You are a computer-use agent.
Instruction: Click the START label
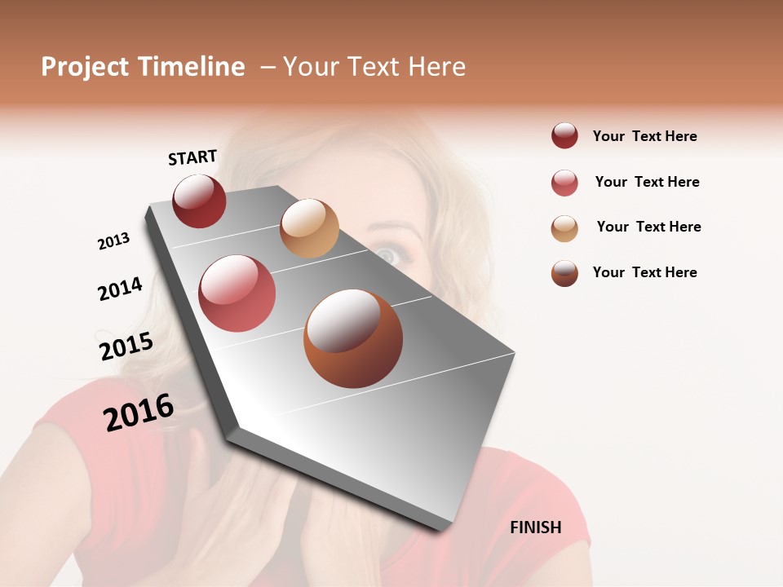pos(192,157)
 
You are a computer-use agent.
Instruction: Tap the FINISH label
pos(536,527)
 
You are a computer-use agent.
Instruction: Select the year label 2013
pos(114,241)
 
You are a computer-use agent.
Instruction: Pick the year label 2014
pos(120,289)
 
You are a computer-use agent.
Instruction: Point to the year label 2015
pos(126,346)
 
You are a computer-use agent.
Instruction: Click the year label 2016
pos(139,413)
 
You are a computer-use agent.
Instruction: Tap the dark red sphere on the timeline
pos(199,201)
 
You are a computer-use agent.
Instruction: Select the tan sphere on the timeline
pos(309,228)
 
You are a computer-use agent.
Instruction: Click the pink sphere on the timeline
pos(237,293)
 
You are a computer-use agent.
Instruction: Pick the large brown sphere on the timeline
pos(353,338)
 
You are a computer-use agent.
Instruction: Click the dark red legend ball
pos(564,135)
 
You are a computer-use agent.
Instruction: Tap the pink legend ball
pos(564,183)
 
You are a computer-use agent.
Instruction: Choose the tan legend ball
pos(564,228)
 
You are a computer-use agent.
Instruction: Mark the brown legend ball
pos(564,273)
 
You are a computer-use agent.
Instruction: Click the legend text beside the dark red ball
pos(644,136)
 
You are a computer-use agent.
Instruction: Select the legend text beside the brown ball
pos(644,272)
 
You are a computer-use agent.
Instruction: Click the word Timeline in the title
pos(192,67)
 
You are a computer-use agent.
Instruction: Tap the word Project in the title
pos(85,67)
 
